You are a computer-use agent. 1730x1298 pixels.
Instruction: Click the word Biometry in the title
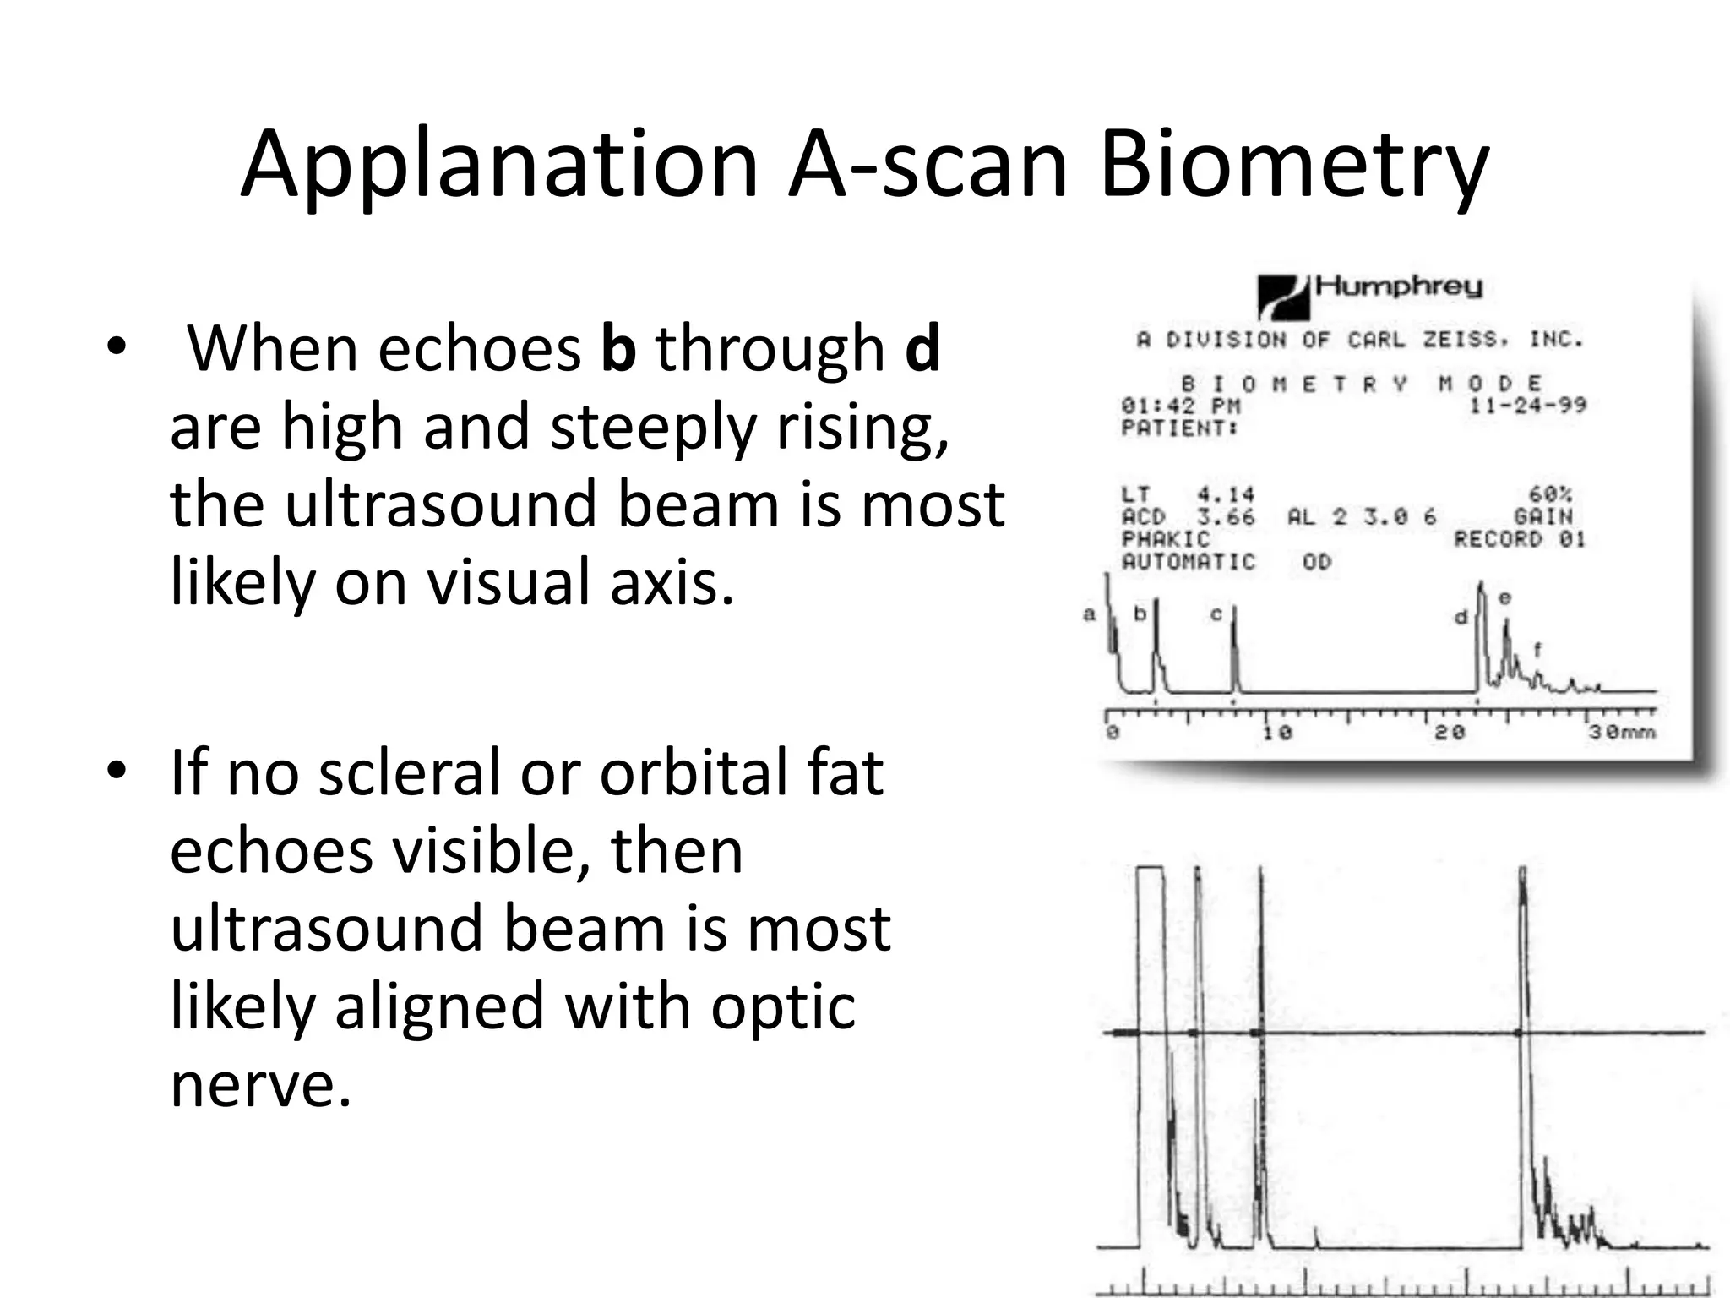click(1292, 165)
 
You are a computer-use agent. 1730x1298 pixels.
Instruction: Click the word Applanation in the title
click(498, 165)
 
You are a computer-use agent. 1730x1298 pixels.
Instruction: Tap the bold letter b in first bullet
click(618, 348)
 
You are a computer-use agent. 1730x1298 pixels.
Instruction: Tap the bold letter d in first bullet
click(922, 348)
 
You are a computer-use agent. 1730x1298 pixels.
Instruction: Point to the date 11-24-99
click(1527, 406)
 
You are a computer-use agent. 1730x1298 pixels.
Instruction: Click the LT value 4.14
click(1226, 494)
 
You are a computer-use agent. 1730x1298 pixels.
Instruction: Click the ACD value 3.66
click(1226, 516)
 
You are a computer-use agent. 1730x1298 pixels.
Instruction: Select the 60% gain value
click(1550, 494)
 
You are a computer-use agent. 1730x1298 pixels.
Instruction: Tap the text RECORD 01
click(1519, 539)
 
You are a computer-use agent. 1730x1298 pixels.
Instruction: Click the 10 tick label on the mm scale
click(1276, 732)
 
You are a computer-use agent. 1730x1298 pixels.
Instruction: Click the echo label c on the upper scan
click(1216, 614)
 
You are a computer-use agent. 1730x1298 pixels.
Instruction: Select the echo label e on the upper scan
click(1504, 597)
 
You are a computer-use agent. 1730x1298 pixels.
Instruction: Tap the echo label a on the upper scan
click(1090, 614)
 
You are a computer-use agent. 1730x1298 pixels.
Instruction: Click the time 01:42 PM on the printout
click(1180, 406)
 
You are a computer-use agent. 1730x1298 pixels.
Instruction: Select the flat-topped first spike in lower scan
click(1151, 870)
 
